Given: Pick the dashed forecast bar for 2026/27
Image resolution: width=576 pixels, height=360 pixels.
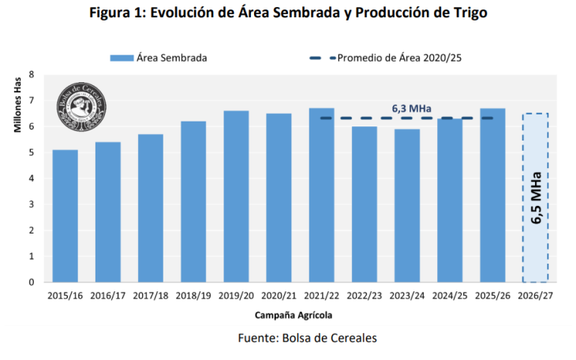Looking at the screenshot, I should tap(536, 197).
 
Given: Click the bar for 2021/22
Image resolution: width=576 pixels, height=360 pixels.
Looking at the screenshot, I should tap(321, 195).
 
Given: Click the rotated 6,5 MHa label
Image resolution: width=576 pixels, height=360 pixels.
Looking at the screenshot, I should tap(536, 197).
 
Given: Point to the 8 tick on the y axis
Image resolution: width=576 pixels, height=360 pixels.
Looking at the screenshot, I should tap(32, 74).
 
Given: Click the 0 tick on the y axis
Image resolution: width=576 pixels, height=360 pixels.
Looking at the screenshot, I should tap(32, 282).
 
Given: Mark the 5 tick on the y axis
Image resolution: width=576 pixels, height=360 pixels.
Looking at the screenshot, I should tap(32, 152).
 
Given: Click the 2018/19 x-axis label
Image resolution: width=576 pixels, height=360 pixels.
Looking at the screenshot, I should tap(193, 297).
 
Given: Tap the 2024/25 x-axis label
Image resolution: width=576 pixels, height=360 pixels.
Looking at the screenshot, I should tap(450, 297).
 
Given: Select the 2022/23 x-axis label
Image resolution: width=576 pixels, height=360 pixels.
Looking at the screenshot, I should tap(365, 297).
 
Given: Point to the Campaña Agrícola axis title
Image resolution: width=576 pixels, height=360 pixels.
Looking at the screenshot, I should tap(293, 315).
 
